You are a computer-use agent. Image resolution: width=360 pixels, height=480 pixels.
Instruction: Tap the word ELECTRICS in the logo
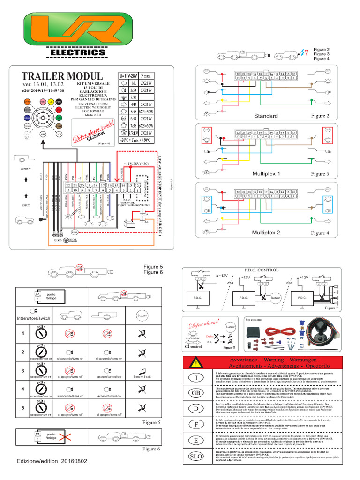point(78,53)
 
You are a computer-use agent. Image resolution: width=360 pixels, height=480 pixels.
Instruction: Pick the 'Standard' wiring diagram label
point(266,116)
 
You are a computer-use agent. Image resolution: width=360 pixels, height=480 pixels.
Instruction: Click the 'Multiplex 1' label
point(266,174)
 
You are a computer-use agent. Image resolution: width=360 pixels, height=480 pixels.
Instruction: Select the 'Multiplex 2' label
point(266,232)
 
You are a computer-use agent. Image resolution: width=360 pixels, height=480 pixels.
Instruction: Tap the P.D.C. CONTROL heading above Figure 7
point(261,270)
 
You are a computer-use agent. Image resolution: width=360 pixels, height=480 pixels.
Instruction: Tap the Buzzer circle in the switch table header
point(142,316)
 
